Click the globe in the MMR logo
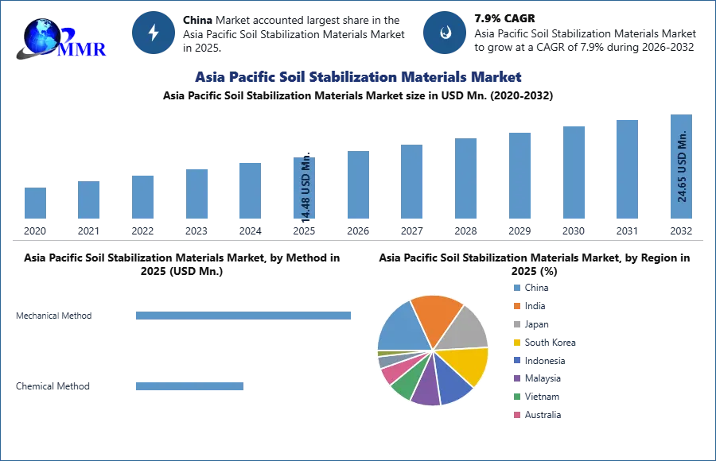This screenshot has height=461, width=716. pos(41,35)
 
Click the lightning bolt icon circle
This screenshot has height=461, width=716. pos(154,33)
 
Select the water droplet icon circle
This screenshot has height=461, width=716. pos(445,33)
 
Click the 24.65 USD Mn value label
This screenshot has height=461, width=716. pos(682,166)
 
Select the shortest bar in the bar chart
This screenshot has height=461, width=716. pos(35,203)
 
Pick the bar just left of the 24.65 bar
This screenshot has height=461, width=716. pos(627,169)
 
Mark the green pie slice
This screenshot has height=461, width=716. pos(403,382)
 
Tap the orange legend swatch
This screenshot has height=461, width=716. pos(516,305)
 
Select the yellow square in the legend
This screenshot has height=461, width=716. pos(516,343)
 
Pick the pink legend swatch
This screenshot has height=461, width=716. pos(516,413)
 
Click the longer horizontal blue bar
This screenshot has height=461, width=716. pos(244,317)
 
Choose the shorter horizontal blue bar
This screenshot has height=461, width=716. pos(190,387)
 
